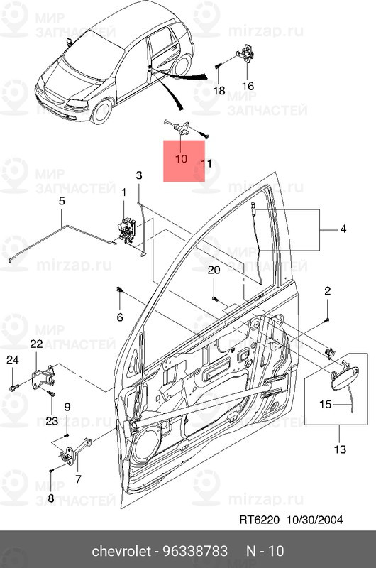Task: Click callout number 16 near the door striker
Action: pos(248,86)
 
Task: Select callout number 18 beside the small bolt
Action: pos(219,91)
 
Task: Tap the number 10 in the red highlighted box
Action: pos(180,158)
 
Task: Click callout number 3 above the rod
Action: pos(139,175)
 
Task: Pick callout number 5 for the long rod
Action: pos(62,202)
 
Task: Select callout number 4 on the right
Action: pos(343,229)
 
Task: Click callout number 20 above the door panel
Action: pos(214,271)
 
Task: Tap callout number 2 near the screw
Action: pos(328,290)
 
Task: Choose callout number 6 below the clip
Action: pos(120,317)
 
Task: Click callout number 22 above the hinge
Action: pos(36,344)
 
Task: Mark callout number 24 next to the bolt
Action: pos(12,360)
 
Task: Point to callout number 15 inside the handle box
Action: pos(324,405)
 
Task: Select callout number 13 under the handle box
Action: pos(340,449)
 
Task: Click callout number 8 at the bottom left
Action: pos(50,498)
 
